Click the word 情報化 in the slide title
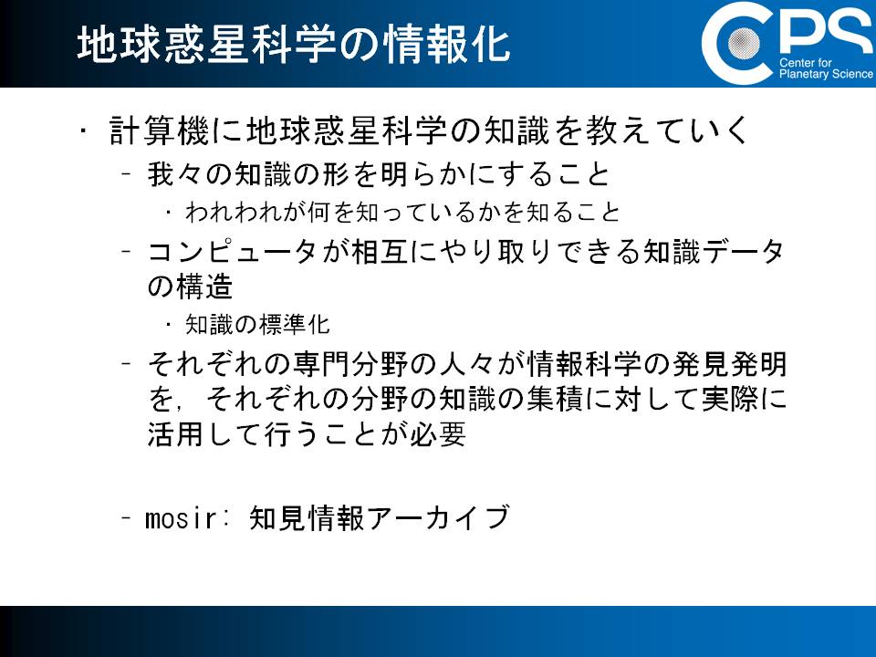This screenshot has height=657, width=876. [447, 45]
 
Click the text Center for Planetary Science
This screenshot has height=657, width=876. [826, 68]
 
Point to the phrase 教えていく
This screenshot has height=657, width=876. [665, 130]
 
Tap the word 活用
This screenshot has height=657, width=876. [175, 433]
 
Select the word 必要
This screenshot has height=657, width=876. [438, 433]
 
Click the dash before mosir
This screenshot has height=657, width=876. [126, 518]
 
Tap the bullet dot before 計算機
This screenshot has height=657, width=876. [83, 131]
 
